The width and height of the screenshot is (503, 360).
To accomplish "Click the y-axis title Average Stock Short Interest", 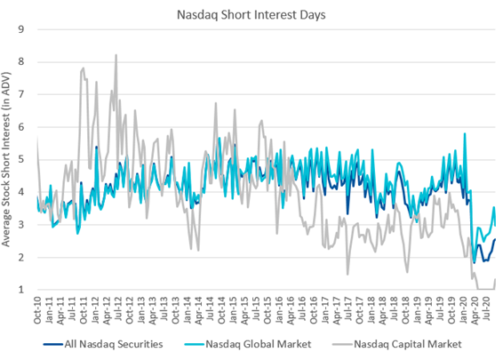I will tap(11, 160).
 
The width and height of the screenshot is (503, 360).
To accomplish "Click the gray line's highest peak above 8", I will tap(116, 55).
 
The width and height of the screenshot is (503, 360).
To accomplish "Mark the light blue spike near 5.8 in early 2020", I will tap(465, 134).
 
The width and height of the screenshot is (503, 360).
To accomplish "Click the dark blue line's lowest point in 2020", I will tap(475, 261).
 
